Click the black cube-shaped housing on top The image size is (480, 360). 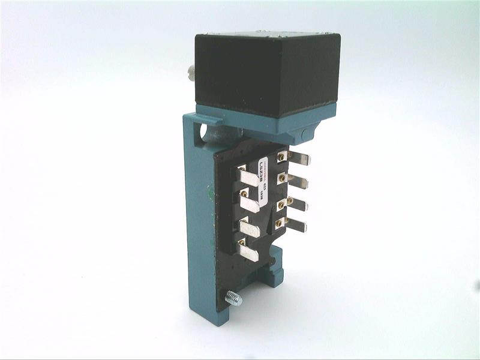coord(267,75)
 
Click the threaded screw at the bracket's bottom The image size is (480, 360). coord(232,298)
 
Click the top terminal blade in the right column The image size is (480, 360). coord(298,159)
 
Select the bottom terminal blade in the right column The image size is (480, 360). coord(295,226)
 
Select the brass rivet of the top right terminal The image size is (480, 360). coord(281,157)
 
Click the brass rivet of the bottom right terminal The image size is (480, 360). coord(278,224)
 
